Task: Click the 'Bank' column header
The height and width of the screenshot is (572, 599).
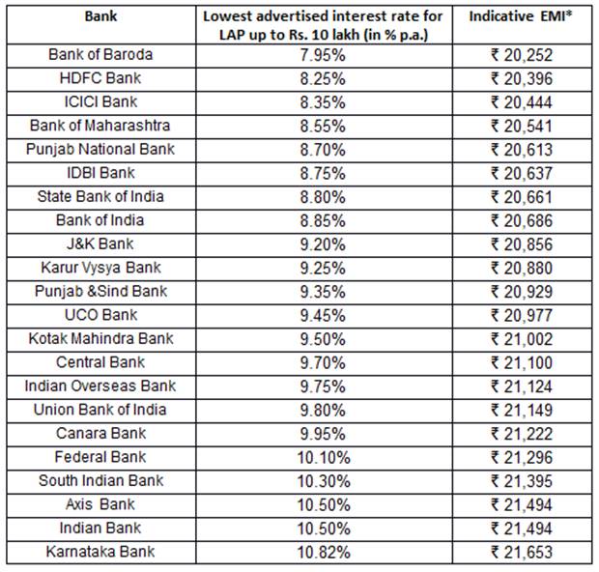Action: tap(100, 17)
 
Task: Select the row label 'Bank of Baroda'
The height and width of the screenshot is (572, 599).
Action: tap(100, 54)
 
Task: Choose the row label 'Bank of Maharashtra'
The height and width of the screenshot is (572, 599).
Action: tap(100, 126)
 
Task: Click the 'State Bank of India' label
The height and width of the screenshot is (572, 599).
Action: tap(100, 196)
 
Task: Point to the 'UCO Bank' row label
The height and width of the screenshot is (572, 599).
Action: tap(100, 315)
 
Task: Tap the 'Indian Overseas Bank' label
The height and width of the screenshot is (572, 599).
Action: tap(100, 386)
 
